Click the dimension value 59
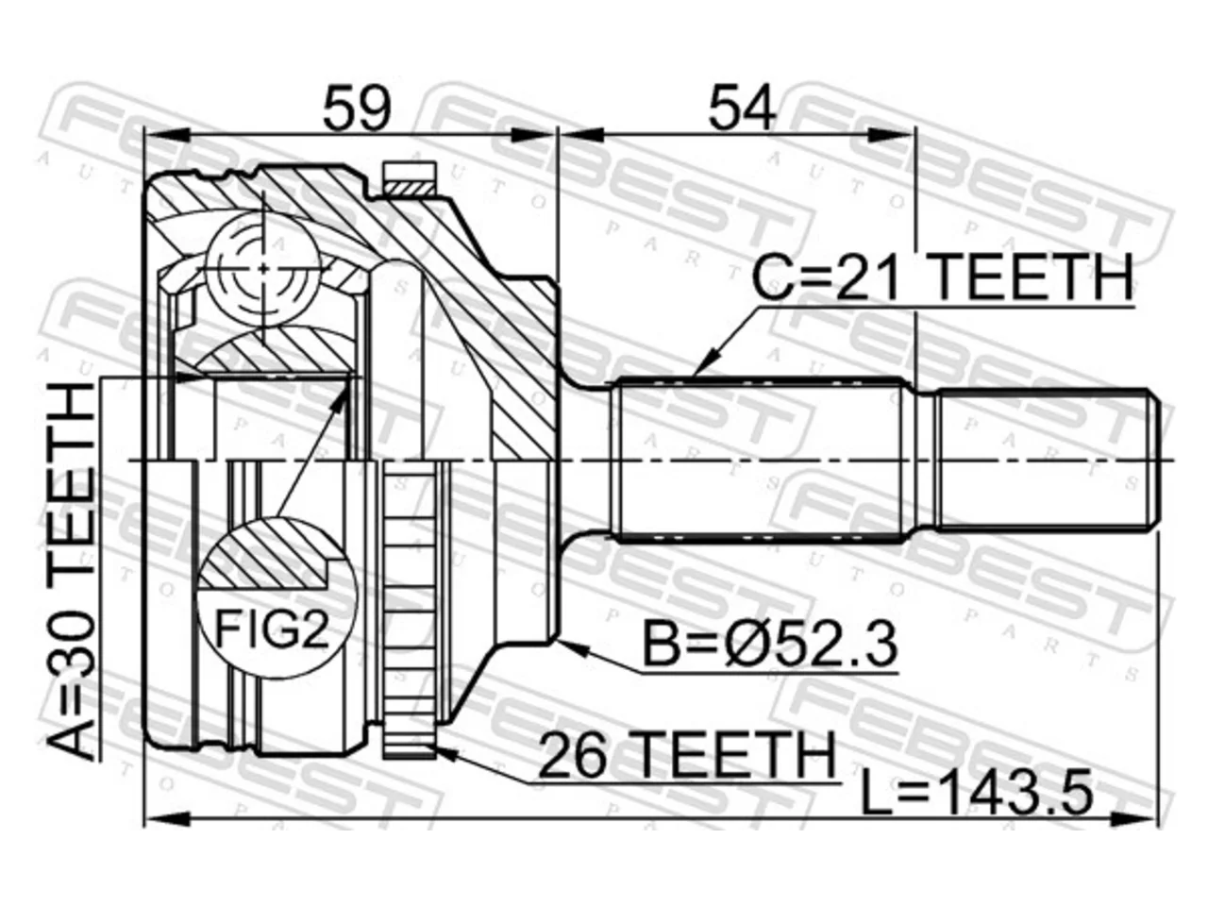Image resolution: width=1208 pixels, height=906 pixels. tap(357, 109)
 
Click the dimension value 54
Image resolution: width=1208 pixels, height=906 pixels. tap(742, 109)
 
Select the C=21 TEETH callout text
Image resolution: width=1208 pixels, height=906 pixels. tap(942, 277)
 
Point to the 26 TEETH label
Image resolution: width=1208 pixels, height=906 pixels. tap(686, 754)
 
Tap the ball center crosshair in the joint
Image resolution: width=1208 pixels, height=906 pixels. tap(263, 269)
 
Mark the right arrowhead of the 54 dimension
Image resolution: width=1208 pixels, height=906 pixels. tap(915, 135)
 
